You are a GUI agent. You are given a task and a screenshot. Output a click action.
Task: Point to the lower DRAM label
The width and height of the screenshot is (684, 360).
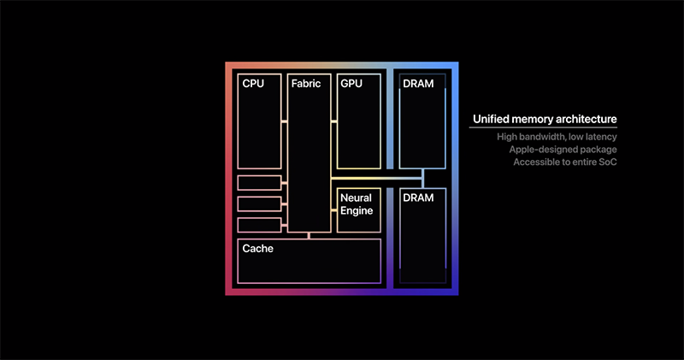[x=417, y=198]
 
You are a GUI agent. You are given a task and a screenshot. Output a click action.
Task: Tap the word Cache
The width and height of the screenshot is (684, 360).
[x=257, y=249]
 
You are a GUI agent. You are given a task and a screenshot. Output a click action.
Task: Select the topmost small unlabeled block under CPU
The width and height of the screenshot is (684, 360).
[x=259, y=182]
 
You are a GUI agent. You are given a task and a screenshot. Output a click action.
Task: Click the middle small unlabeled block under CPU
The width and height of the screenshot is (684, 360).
[x=259, y=204]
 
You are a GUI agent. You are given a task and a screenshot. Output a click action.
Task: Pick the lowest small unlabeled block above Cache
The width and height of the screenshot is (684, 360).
[x=259, y=225]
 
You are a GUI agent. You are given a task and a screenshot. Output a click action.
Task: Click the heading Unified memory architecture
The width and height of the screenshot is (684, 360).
[x=544, y=120]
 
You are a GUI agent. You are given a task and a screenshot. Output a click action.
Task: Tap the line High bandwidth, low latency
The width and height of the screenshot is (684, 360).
[x=557, y=137]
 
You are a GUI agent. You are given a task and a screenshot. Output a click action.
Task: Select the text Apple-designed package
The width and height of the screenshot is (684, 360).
[x=563, y=149]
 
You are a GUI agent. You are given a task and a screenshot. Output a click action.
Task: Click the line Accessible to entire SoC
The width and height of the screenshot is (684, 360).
[x=565, y=162]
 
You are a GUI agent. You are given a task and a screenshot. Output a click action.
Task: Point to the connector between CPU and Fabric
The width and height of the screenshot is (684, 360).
[x=285, y=121]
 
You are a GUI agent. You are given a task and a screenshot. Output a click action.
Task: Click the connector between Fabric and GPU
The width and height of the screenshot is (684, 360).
[x=334, y=121]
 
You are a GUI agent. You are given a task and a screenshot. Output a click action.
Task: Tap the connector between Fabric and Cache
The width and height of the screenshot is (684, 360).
[x=310, y=235]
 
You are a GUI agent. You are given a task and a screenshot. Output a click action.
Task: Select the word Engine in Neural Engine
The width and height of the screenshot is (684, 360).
[x=357, y=211]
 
